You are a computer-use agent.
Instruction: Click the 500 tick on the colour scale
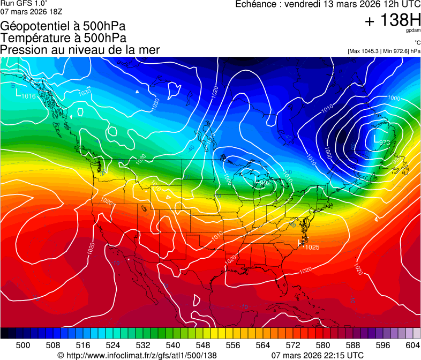(x=23, y=346)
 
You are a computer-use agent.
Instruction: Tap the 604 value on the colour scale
(x=413, y=346)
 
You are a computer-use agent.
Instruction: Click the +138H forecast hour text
(x=392, y=21)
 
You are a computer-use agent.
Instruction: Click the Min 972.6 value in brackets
(x=396, y=51)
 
